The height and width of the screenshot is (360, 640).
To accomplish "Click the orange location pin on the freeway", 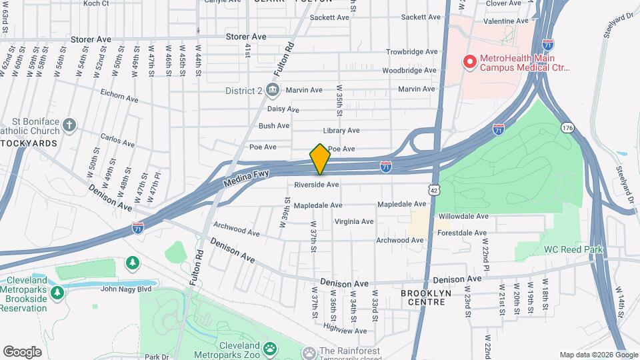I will pyautogui.click(x=320, y=160).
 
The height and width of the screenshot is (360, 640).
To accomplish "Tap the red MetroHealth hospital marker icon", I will pyautogui.click(x=469, y=61).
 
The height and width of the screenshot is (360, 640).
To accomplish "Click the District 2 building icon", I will pyautogui.click(x=272, y=90).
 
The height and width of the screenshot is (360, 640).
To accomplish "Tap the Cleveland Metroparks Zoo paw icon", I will pyautogui.click(x=270, y=348).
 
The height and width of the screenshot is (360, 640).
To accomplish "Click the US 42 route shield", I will pyautogui.click(x=434, y=191).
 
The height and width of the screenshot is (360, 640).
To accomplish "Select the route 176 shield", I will pyautogui.click(x=567, y=127).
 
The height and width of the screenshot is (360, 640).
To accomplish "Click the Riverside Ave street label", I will pyautogui.click(x=317, y=185).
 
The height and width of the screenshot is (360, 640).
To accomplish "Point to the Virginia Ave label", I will pyautogui.click(x=354, y=221).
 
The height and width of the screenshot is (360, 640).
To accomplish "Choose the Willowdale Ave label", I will pyautogui.click(x=463, y=216).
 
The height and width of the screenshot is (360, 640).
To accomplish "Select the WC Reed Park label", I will pyautogui.click(x=573, y=249).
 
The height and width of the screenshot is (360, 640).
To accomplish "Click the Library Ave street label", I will pyautogui.click(x=341, y=131).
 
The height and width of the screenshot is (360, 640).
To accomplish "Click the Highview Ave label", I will pyautogui.click(x=344, y=330).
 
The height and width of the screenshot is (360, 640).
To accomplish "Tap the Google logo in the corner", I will pyautogui.click(x=22, y=351).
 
